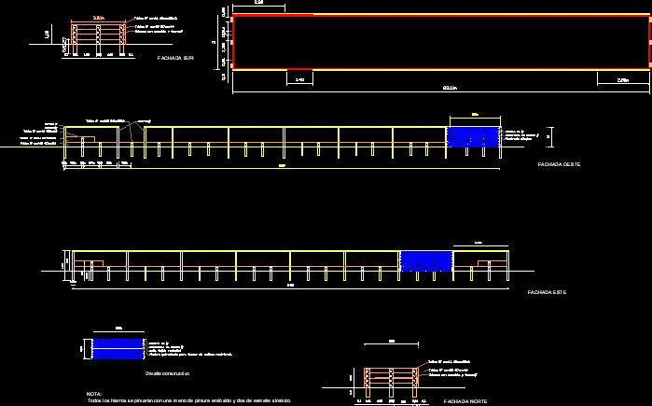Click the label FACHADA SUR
pyautogui.click(x=176, y=58)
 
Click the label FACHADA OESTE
pyautogui.click(x=560, y=164)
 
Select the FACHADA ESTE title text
pyautogui.click(x=547, y=293)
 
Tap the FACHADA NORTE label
pyautogui.click(x=466, y=400)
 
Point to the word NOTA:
pyautogui.click(x=94, y=394)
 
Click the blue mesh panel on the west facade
pyautogui.click(x=475, y=136)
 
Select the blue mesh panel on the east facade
pyautogui.click(x=425, y=260)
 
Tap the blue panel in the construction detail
pyautogui.click(x=118, y=348)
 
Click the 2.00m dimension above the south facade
pyautogui.click(x=98, y=18)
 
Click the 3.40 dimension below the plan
pyautogui.click(x=299, y=80)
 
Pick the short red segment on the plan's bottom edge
pyautogui.click(x=299, y=69)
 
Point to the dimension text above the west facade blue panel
pyautogui.click(x=475, y=115)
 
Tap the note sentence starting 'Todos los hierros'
pyautogui.click(x=189, y=400)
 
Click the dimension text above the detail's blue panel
pyautogui.click(x=118, y=329)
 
